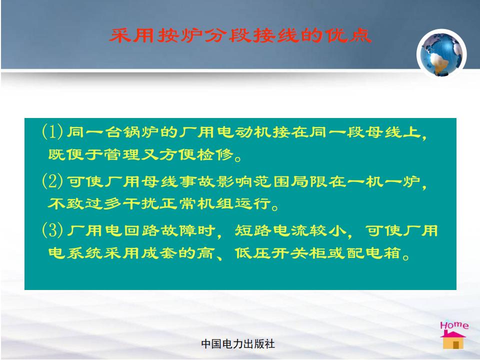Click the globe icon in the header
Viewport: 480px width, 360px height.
point(441,54)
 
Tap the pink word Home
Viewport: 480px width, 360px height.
point(454,325)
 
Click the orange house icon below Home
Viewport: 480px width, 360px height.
point(453,340)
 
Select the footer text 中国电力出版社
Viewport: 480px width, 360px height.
point(238,344)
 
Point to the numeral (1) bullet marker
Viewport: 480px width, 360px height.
point(52,132)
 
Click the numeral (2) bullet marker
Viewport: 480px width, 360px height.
point(52,181)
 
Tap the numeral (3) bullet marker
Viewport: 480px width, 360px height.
point(52,230)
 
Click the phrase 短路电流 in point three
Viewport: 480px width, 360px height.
point(271,230)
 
